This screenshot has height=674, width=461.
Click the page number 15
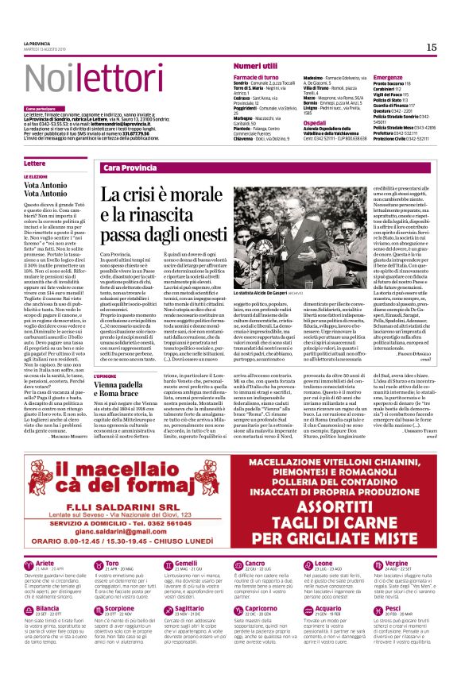pos(432,48)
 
